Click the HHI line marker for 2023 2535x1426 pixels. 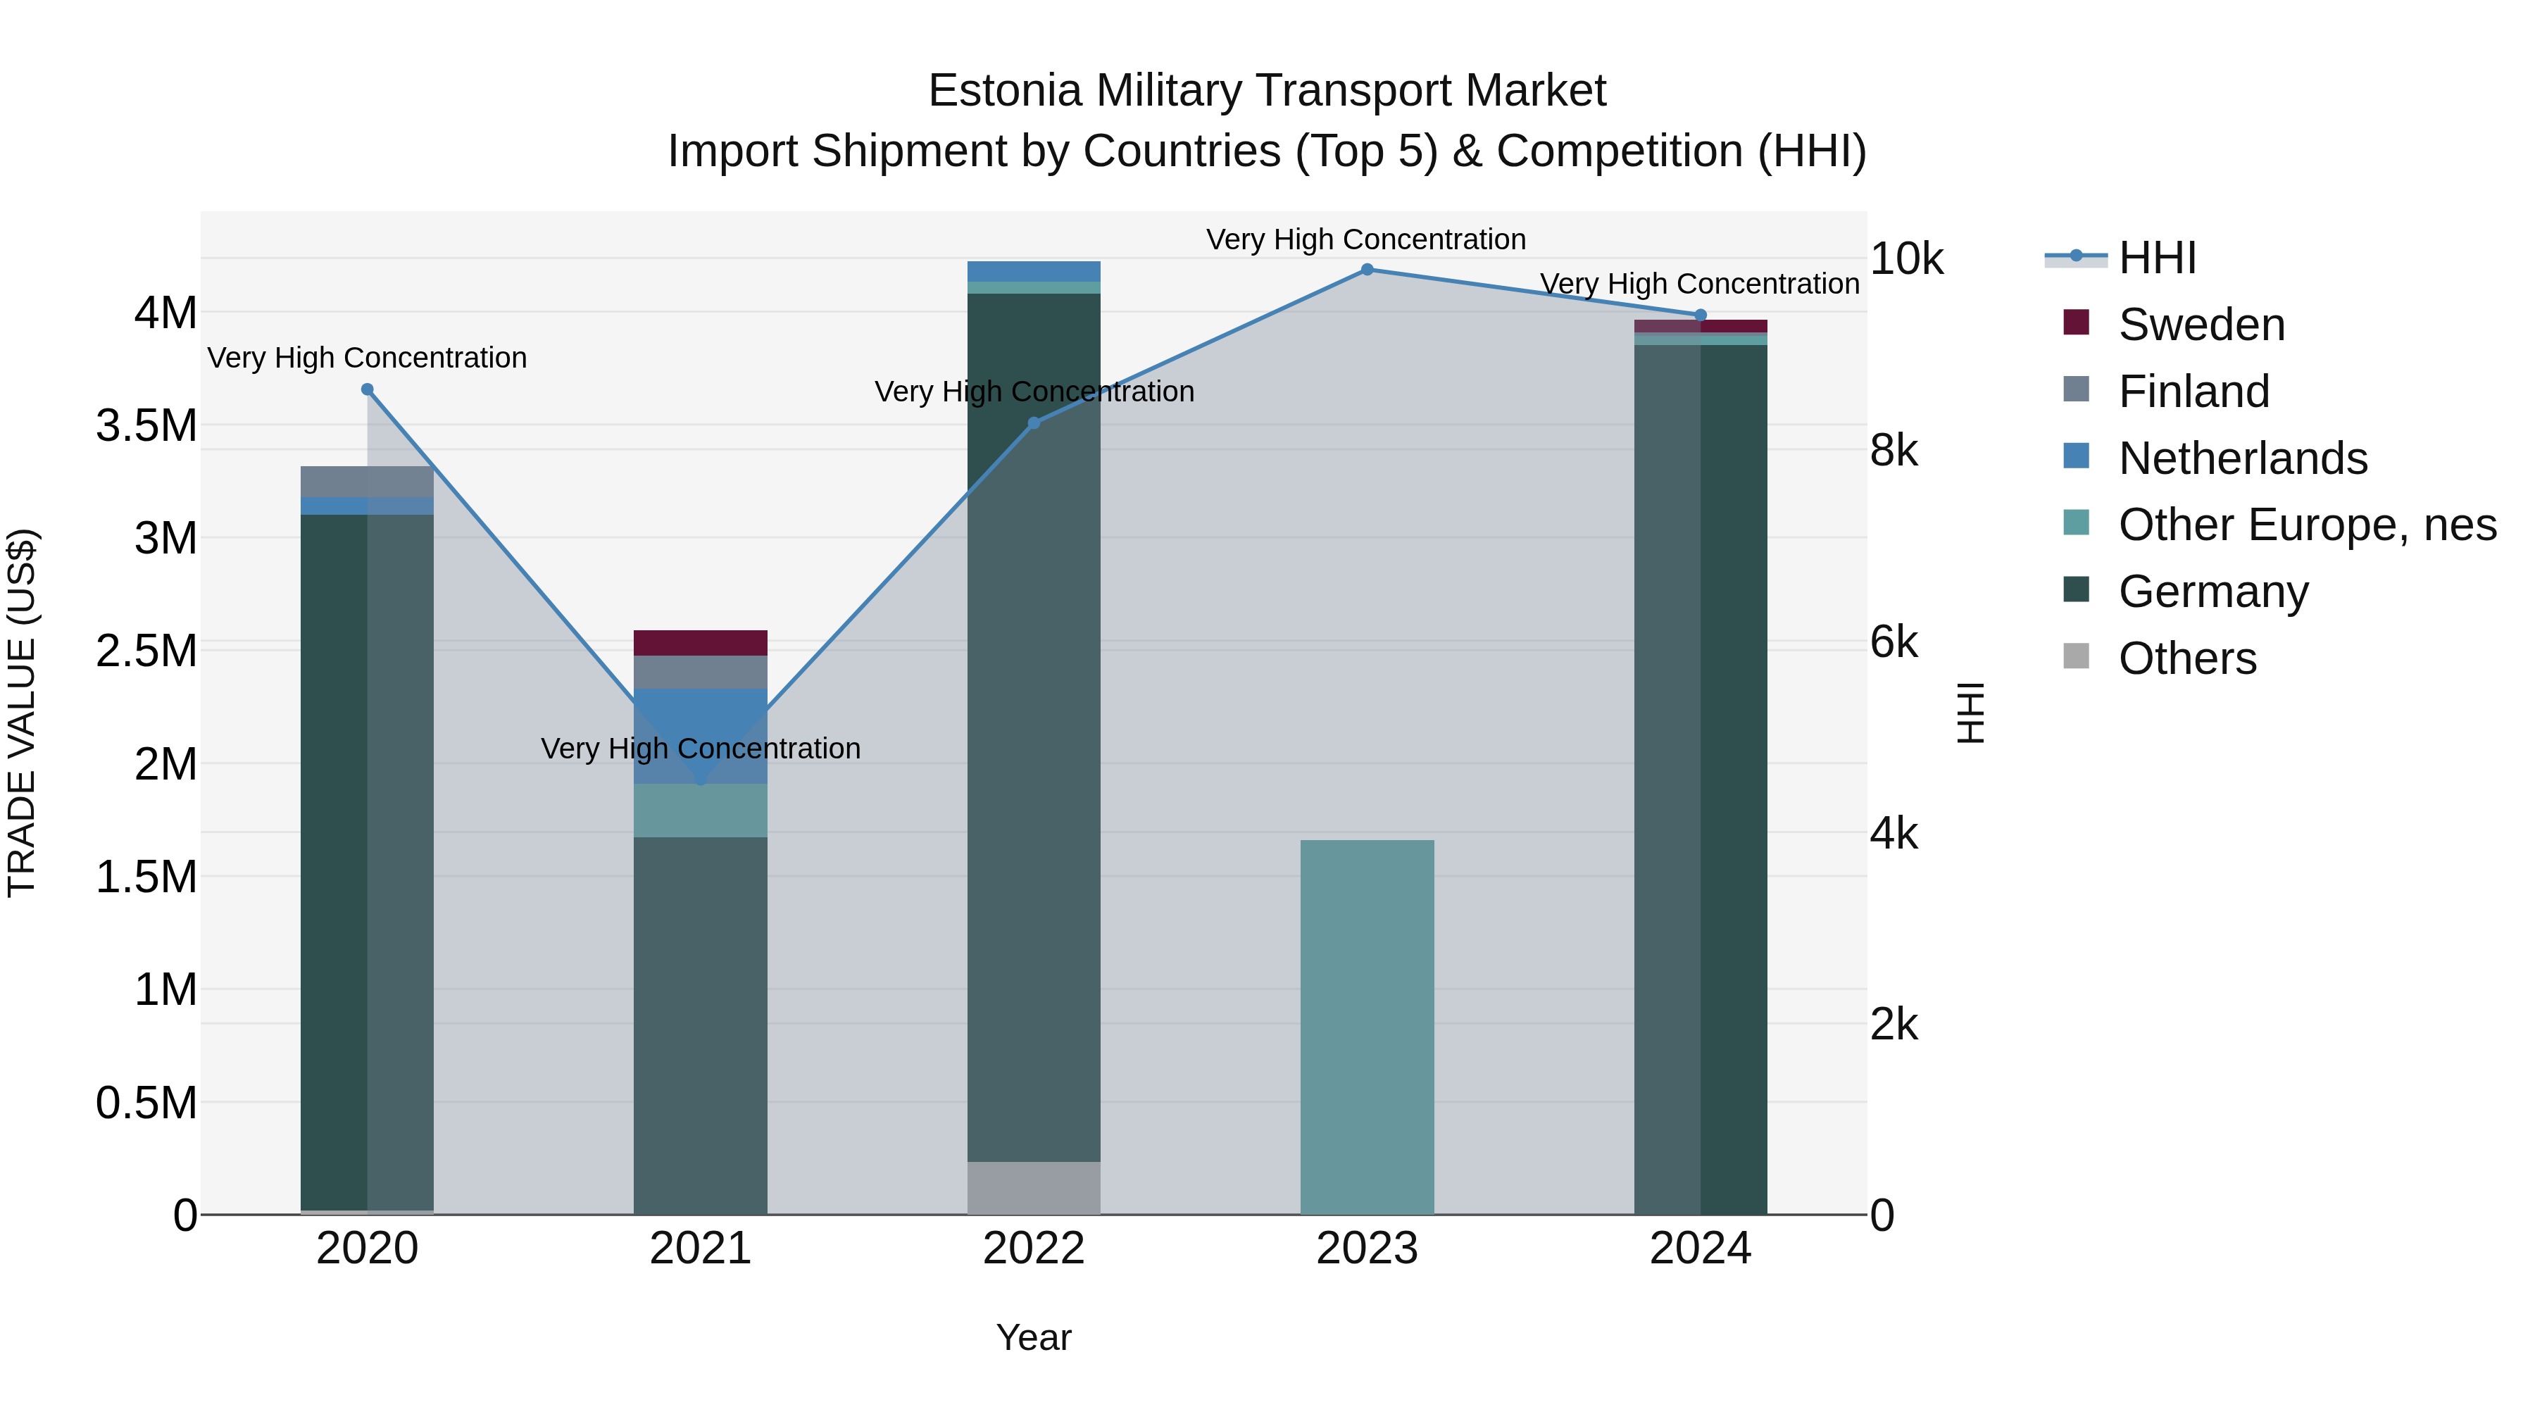tap(1367, 269)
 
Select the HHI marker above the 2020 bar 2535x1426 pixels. tap(367, 389)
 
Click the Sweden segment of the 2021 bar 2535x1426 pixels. tap(701, 643)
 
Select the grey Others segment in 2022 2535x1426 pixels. tap(1033, 1188)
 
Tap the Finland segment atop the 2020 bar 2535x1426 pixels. tap(367, 481)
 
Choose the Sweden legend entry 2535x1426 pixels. tap(2201, 325)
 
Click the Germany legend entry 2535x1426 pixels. tap(2212, 592)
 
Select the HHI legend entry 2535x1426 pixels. tap(2156, 258)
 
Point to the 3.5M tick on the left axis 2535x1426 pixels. tap(146, 426)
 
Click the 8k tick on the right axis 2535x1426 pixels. tap(1894, 451)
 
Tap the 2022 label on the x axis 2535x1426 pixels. tap(1033, 1249)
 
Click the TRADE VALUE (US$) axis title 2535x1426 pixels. tap(22, 713)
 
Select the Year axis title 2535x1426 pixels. tap(1033, 1337)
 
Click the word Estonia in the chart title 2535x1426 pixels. tap(1005, 91)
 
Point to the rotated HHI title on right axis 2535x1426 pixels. tap(1970, 713)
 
